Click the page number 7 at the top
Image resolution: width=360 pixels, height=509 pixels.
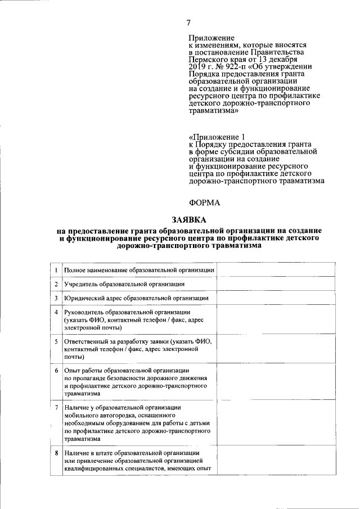tap(189, 22)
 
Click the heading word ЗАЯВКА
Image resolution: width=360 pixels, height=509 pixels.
tap(189, 219)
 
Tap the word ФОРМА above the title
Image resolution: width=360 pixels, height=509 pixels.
tap(204, 202)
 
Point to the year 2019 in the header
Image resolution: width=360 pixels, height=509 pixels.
tap(198, 66)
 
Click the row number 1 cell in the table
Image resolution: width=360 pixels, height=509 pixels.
tap(56, 271)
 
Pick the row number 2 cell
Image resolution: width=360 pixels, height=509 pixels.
tap(56, 284)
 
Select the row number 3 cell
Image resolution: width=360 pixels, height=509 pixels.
tap(56, 298)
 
